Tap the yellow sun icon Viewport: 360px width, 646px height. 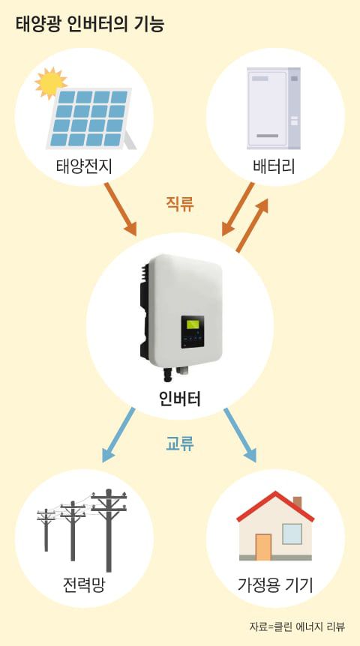pos(50,82)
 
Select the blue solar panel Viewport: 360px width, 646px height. pos(89,118)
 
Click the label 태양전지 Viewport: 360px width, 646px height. pos(84,166)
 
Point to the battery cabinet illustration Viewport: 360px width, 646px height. pos(273,108)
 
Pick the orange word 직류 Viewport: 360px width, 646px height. pos(180,204)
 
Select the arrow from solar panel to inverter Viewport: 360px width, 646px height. pos(120,206)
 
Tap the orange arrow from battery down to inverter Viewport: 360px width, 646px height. pos(239,208)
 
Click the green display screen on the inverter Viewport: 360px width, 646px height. pos(193,325)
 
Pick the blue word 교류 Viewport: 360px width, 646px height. pos(180,444)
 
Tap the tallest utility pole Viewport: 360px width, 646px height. pos(109,528)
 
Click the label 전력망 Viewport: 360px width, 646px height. pos(84,584)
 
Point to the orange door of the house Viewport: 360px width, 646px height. pos(262,546)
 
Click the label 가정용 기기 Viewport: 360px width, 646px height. pos(274,584)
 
